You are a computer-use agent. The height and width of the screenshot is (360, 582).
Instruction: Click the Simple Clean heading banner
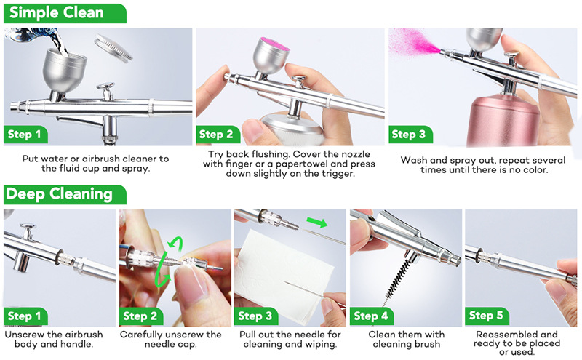[x=65, y=13]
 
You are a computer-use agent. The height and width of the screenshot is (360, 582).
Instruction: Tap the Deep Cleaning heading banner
[x=65, y=194]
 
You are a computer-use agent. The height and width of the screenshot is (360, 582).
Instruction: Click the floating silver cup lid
[x=113, y=47]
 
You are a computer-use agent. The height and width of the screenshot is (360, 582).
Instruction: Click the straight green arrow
[x=316, y=222]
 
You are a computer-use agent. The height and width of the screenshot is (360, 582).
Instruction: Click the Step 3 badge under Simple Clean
[x=410, y=134]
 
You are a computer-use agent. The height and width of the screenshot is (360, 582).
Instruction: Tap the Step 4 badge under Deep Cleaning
[x=372, y=316]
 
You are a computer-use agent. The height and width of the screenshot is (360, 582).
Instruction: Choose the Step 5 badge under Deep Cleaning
[x=487, y=316]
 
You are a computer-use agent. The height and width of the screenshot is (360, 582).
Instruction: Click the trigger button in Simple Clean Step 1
[x=105, y=86]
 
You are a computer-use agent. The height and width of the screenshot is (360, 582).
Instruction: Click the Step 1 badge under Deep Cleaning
[x=25, y=316]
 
